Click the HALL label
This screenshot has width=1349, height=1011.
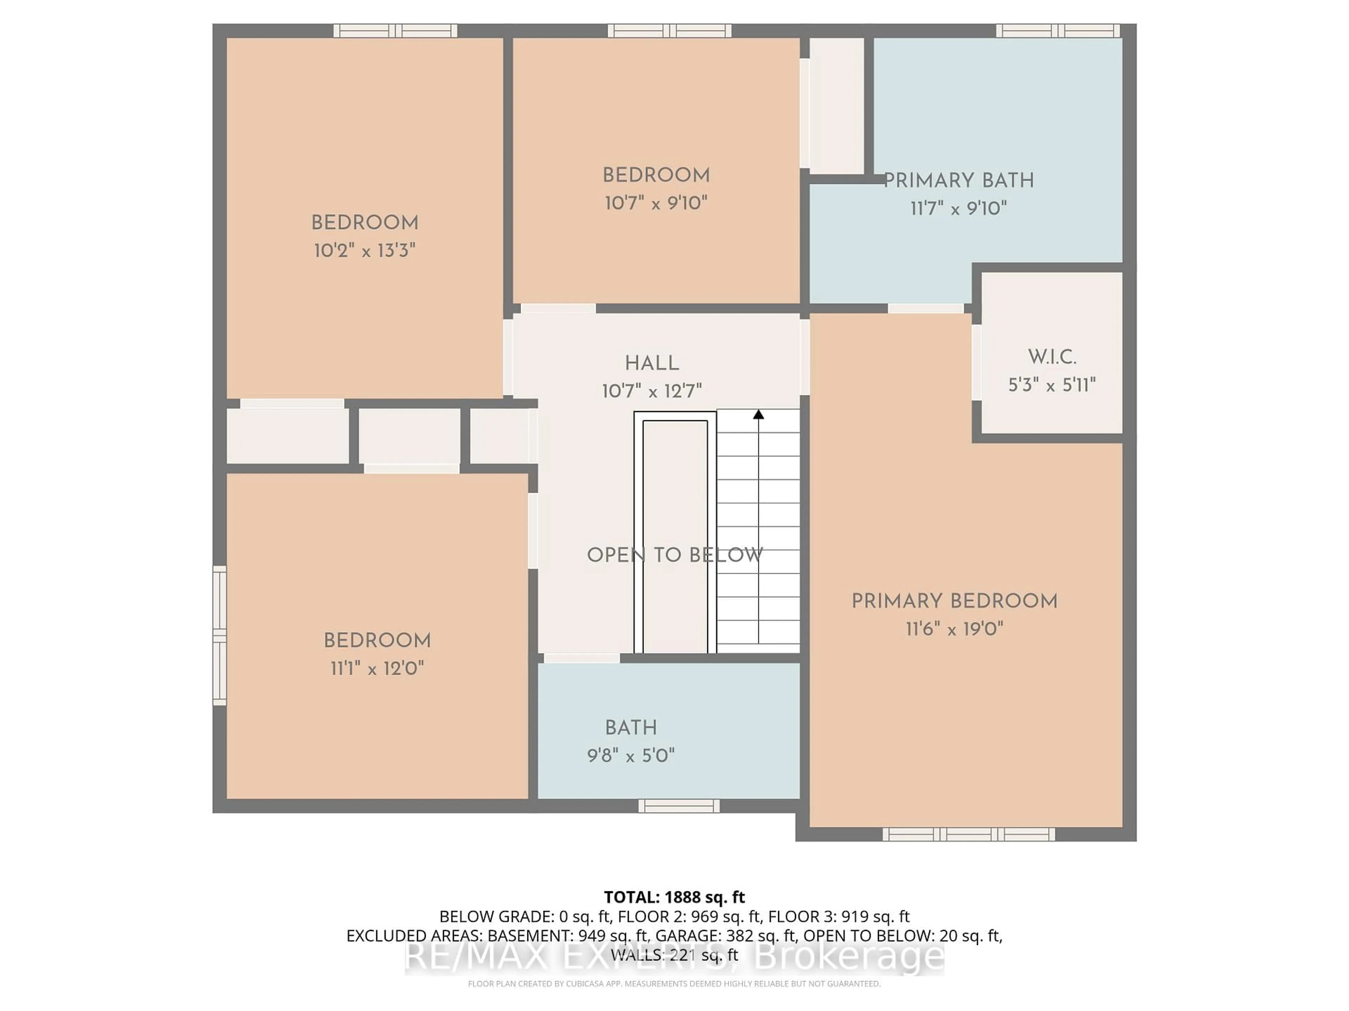(x=651, y=364)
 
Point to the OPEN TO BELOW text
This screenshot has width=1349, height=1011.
(x=674, y=555)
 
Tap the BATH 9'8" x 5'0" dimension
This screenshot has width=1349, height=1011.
(x=631, y=756)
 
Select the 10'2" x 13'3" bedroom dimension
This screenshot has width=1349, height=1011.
(x=365, y=250)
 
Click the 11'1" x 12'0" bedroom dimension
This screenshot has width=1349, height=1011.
(x=377, y=668)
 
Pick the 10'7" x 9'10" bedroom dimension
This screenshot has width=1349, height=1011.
(x=656, y=203)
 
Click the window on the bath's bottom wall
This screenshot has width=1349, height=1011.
(x=679, y=806)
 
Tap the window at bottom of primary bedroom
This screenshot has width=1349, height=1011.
(x=969, y=834)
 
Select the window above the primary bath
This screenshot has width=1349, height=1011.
(x=1057, y=31)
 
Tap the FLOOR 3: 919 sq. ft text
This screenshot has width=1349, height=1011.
(x=839, y=917)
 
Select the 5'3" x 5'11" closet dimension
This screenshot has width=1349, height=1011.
(x=1052, y=385)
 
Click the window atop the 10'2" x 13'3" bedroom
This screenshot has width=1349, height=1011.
(x=395, y=31)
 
